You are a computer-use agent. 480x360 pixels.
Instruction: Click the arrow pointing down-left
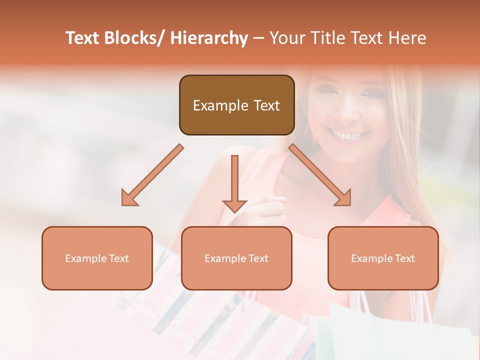pos(152,175)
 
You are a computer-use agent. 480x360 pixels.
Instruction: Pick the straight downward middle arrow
pos(234,180)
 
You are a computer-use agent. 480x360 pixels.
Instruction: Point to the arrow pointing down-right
pos(320,175)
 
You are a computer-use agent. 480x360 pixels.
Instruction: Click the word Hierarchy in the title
pos(208,38)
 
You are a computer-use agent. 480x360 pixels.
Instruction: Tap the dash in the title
pos(258,38)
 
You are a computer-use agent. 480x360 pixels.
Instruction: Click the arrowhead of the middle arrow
pos(234,205)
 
